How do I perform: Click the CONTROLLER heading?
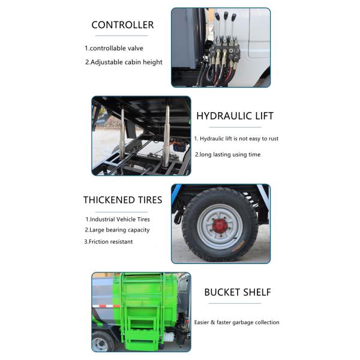[122, 25]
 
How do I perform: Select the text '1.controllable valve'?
[114, 48]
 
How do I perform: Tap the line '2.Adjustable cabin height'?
[124, 62]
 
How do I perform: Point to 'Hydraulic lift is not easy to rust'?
[236, 139]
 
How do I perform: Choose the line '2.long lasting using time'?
[227, 154]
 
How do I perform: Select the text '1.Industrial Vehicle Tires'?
[118, 219]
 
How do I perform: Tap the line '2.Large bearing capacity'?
[116, 230]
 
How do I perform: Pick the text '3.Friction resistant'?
[108, 241]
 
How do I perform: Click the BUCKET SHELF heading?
[238, 292]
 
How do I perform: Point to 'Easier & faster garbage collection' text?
[236, 322]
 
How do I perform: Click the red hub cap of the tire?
[220, 225]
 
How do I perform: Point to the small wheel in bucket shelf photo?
[100, 343]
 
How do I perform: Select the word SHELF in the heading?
[256, 292]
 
